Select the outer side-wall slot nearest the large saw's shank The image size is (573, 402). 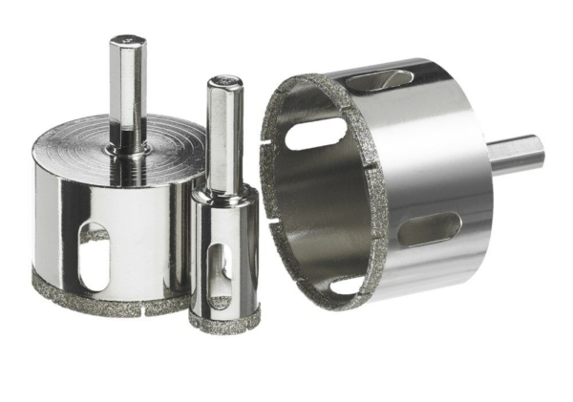428,228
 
